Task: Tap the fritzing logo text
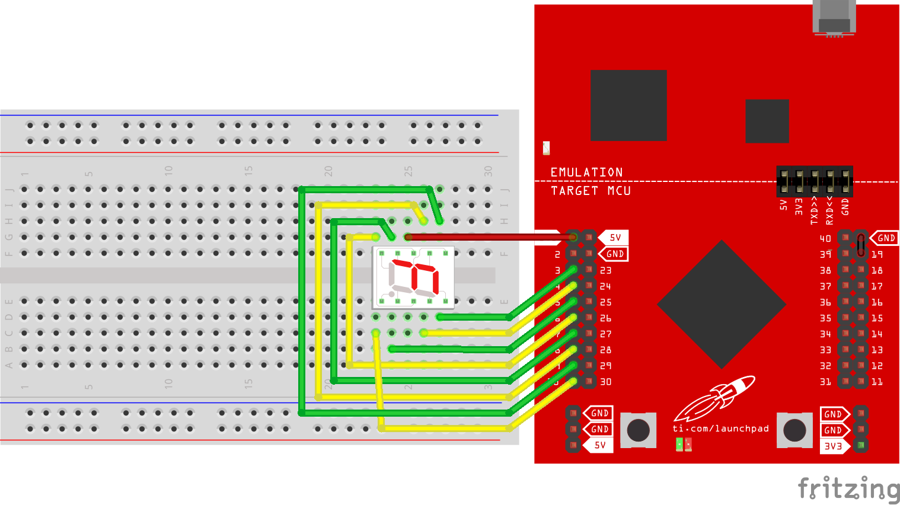(848, 489)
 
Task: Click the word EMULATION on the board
(586, 172)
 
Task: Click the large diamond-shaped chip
(722, 305)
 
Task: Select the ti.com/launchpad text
(720, 429)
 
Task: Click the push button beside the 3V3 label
(794, 430)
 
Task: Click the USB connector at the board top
(834, 18)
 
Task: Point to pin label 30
(605, 382)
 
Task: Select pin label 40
(825, 239)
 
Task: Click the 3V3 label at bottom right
(833, 446)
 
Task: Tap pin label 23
(605, 271)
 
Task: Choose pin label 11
(877, 382)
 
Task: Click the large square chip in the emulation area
(628, 106)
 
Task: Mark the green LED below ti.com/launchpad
(679, 444)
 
